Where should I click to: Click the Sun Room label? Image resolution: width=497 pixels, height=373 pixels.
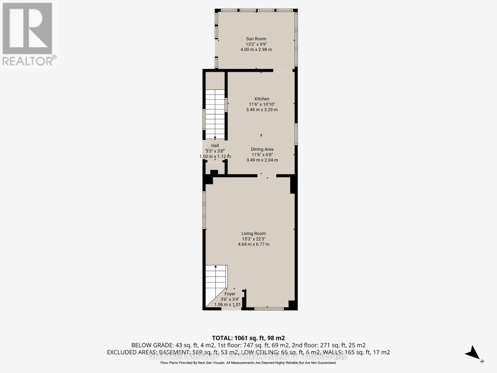[256, 39]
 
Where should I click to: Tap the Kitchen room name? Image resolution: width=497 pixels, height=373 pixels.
[262, 99]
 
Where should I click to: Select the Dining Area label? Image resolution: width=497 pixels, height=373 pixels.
[262, 149]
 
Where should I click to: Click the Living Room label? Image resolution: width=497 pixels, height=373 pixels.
[254, 233]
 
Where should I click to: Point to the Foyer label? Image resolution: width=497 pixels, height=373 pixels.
[230, 294]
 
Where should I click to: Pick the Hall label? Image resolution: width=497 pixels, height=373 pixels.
[215, 145]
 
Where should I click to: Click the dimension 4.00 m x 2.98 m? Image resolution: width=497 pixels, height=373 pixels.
[256, 49]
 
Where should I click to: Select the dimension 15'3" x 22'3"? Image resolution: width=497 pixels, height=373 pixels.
[254, 239]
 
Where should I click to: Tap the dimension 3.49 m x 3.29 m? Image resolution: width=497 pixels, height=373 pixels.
[262, 110]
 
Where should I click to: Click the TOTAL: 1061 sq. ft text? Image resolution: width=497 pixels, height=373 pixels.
[248, 338]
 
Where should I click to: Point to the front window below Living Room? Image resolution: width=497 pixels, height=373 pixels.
[269, 309]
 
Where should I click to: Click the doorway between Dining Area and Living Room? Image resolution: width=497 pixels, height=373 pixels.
[267, 176]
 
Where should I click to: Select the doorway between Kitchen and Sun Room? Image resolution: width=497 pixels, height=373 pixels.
[283, 70]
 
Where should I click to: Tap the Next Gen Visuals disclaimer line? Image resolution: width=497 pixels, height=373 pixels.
[248, 363]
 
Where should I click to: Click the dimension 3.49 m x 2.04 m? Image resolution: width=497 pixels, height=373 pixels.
[262, 160]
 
